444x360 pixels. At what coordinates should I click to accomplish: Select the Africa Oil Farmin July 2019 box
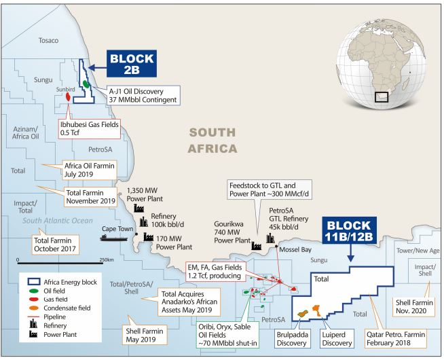[x=89, y=168]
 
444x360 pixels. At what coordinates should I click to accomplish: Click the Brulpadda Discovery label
[x=292, y=338]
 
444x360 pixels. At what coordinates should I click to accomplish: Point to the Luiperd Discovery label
[x=337, y=338]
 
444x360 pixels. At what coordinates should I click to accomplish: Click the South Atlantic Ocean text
[x=58, y=220]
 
